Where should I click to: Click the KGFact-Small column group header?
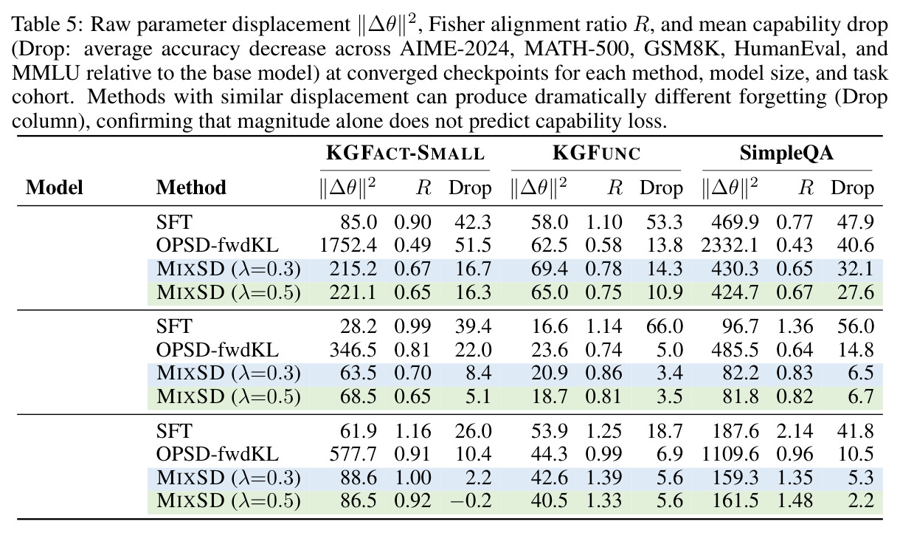(x=405, y=153)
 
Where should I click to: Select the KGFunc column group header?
(x=596, y=153)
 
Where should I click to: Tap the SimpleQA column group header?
(x=786, y=153)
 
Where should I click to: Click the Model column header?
(x=55, y=188)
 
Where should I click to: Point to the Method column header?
(x=191, y=188)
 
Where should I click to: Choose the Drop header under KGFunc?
(x=661, y=188)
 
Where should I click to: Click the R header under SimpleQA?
(x=806, y=188)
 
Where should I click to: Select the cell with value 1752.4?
(x=348, y=245)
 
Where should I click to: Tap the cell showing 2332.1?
(x=730, y=245)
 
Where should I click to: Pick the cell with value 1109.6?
(x=730, y=454)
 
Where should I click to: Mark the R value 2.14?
(x=795, y=431)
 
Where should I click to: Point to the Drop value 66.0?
(x=665, y=326)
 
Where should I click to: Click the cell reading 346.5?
(x=353, y=350)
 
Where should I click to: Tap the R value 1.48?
(x=795, y=501)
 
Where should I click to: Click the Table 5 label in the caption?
(x=47, y=24)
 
